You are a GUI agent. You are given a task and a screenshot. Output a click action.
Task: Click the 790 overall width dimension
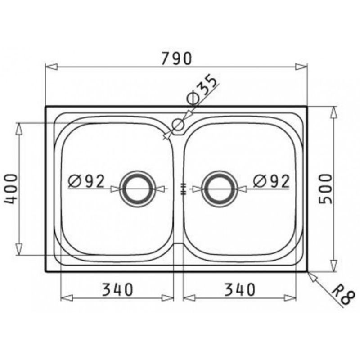(176, 58)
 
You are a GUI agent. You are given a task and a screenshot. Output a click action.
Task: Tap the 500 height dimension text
(325, 189)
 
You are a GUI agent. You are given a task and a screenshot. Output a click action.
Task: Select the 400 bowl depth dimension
(11, 189)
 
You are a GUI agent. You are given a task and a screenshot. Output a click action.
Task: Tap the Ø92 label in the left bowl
(86, 181)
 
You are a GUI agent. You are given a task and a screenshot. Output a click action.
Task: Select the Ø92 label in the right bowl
(271, 181)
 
